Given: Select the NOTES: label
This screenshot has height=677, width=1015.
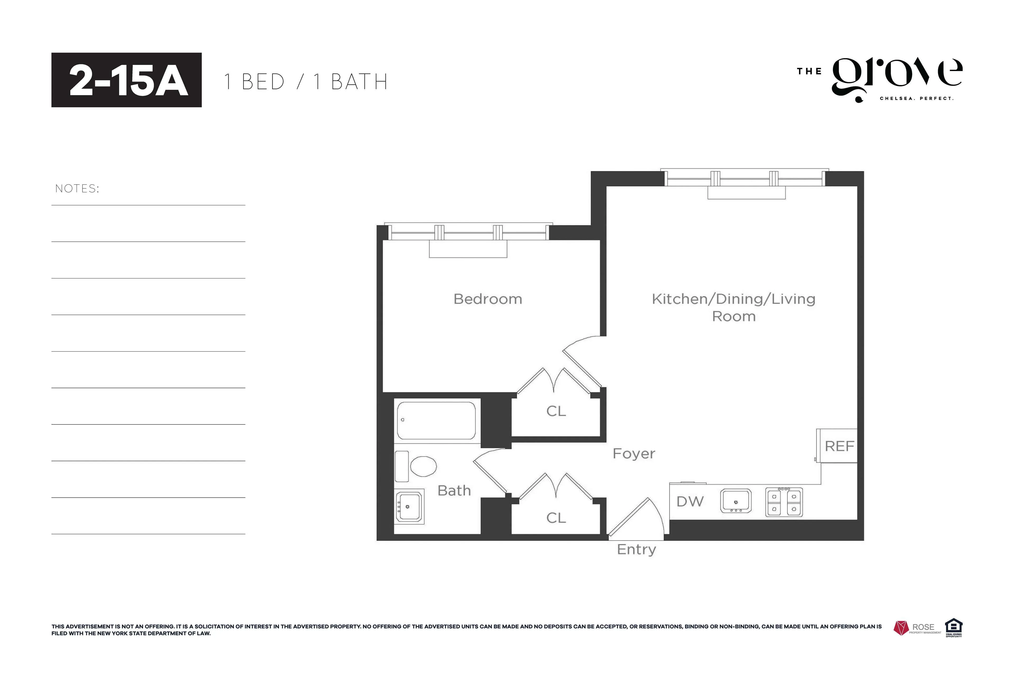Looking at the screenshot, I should (77, 189).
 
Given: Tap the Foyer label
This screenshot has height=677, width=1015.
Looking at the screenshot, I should (634, 454).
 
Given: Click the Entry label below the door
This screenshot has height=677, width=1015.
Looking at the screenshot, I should (636, 550).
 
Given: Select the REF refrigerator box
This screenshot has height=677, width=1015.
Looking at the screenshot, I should (838, 446).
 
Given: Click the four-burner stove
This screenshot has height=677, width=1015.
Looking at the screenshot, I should (783, 502).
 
